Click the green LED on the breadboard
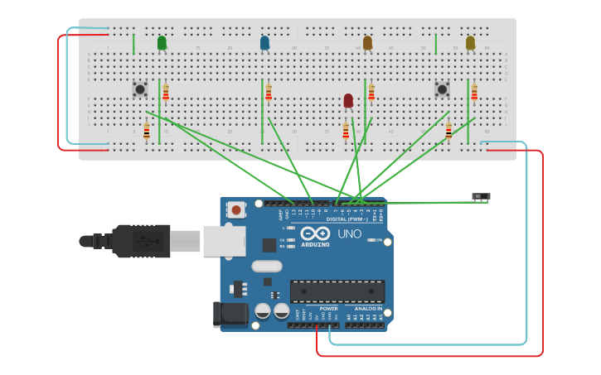(162, 42)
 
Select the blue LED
(264, 42)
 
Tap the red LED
(348, 100)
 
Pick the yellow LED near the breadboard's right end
(470, 42)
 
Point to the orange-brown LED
(367, 42)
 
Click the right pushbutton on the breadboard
(442, 88)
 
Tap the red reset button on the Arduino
(237, 210)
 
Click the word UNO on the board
(349, 234)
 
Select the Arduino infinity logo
(315, 233)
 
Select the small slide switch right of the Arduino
(481, 197)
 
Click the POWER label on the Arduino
(328, 309)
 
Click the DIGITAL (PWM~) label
(347, 219)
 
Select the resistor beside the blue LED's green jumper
(269, 92)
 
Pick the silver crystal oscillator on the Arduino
(266, 267)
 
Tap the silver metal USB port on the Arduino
(225, 241)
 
